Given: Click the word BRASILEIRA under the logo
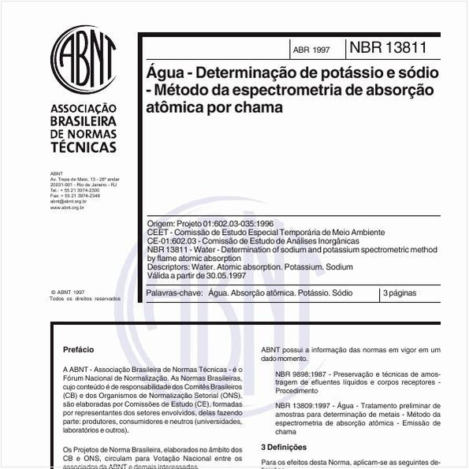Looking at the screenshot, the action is point(83,121).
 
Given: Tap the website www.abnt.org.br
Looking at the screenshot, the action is point(68,207).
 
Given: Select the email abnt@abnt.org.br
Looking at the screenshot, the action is point(68,201).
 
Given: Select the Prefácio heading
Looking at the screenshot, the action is point(78,349).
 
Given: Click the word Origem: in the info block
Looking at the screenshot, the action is point(162,224).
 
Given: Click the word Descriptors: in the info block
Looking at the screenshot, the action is point(169,267).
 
